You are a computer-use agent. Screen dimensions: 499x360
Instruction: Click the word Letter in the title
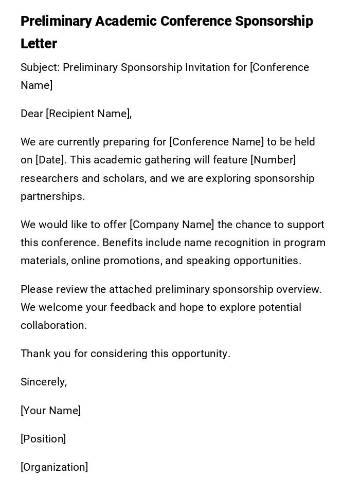coord(39,44)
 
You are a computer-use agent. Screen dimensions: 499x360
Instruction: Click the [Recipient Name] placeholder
coord(88,114)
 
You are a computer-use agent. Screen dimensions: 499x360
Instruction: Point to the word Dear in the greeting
coord(32,114)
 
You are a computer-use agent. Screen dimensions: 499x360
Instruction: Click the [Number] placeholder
coord(273,160)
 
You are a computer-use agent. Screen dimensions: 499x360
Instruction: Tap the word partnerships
coord(52,196)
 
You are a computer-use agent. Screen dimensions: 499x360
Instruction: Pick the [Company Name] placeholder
coord(172,225)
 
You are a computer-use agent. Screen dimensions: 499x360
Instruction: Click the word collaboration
coord(53,325)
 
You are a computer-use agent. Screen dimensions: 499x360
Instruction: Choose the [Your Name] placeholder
coord(51,411)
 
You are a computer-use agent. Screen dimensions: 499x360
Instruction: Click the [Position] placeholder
coord(43,439)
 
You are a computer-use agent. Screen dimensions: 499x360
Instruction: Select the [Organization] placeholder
coord(55,467)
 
